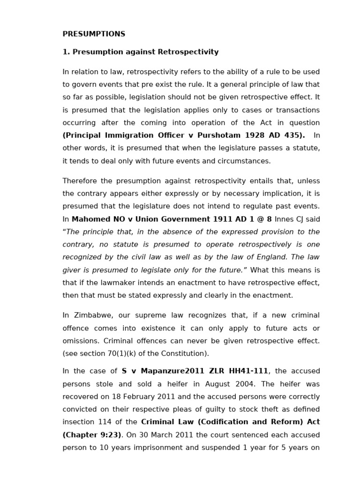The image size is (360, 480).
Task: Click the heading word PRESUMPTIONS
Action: click(x=94, y=34)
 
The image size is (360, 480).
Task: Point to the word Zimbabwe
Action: click(x=90, y=315)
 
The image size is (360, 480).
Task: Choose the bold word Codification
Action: click(x=225, y=422)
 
